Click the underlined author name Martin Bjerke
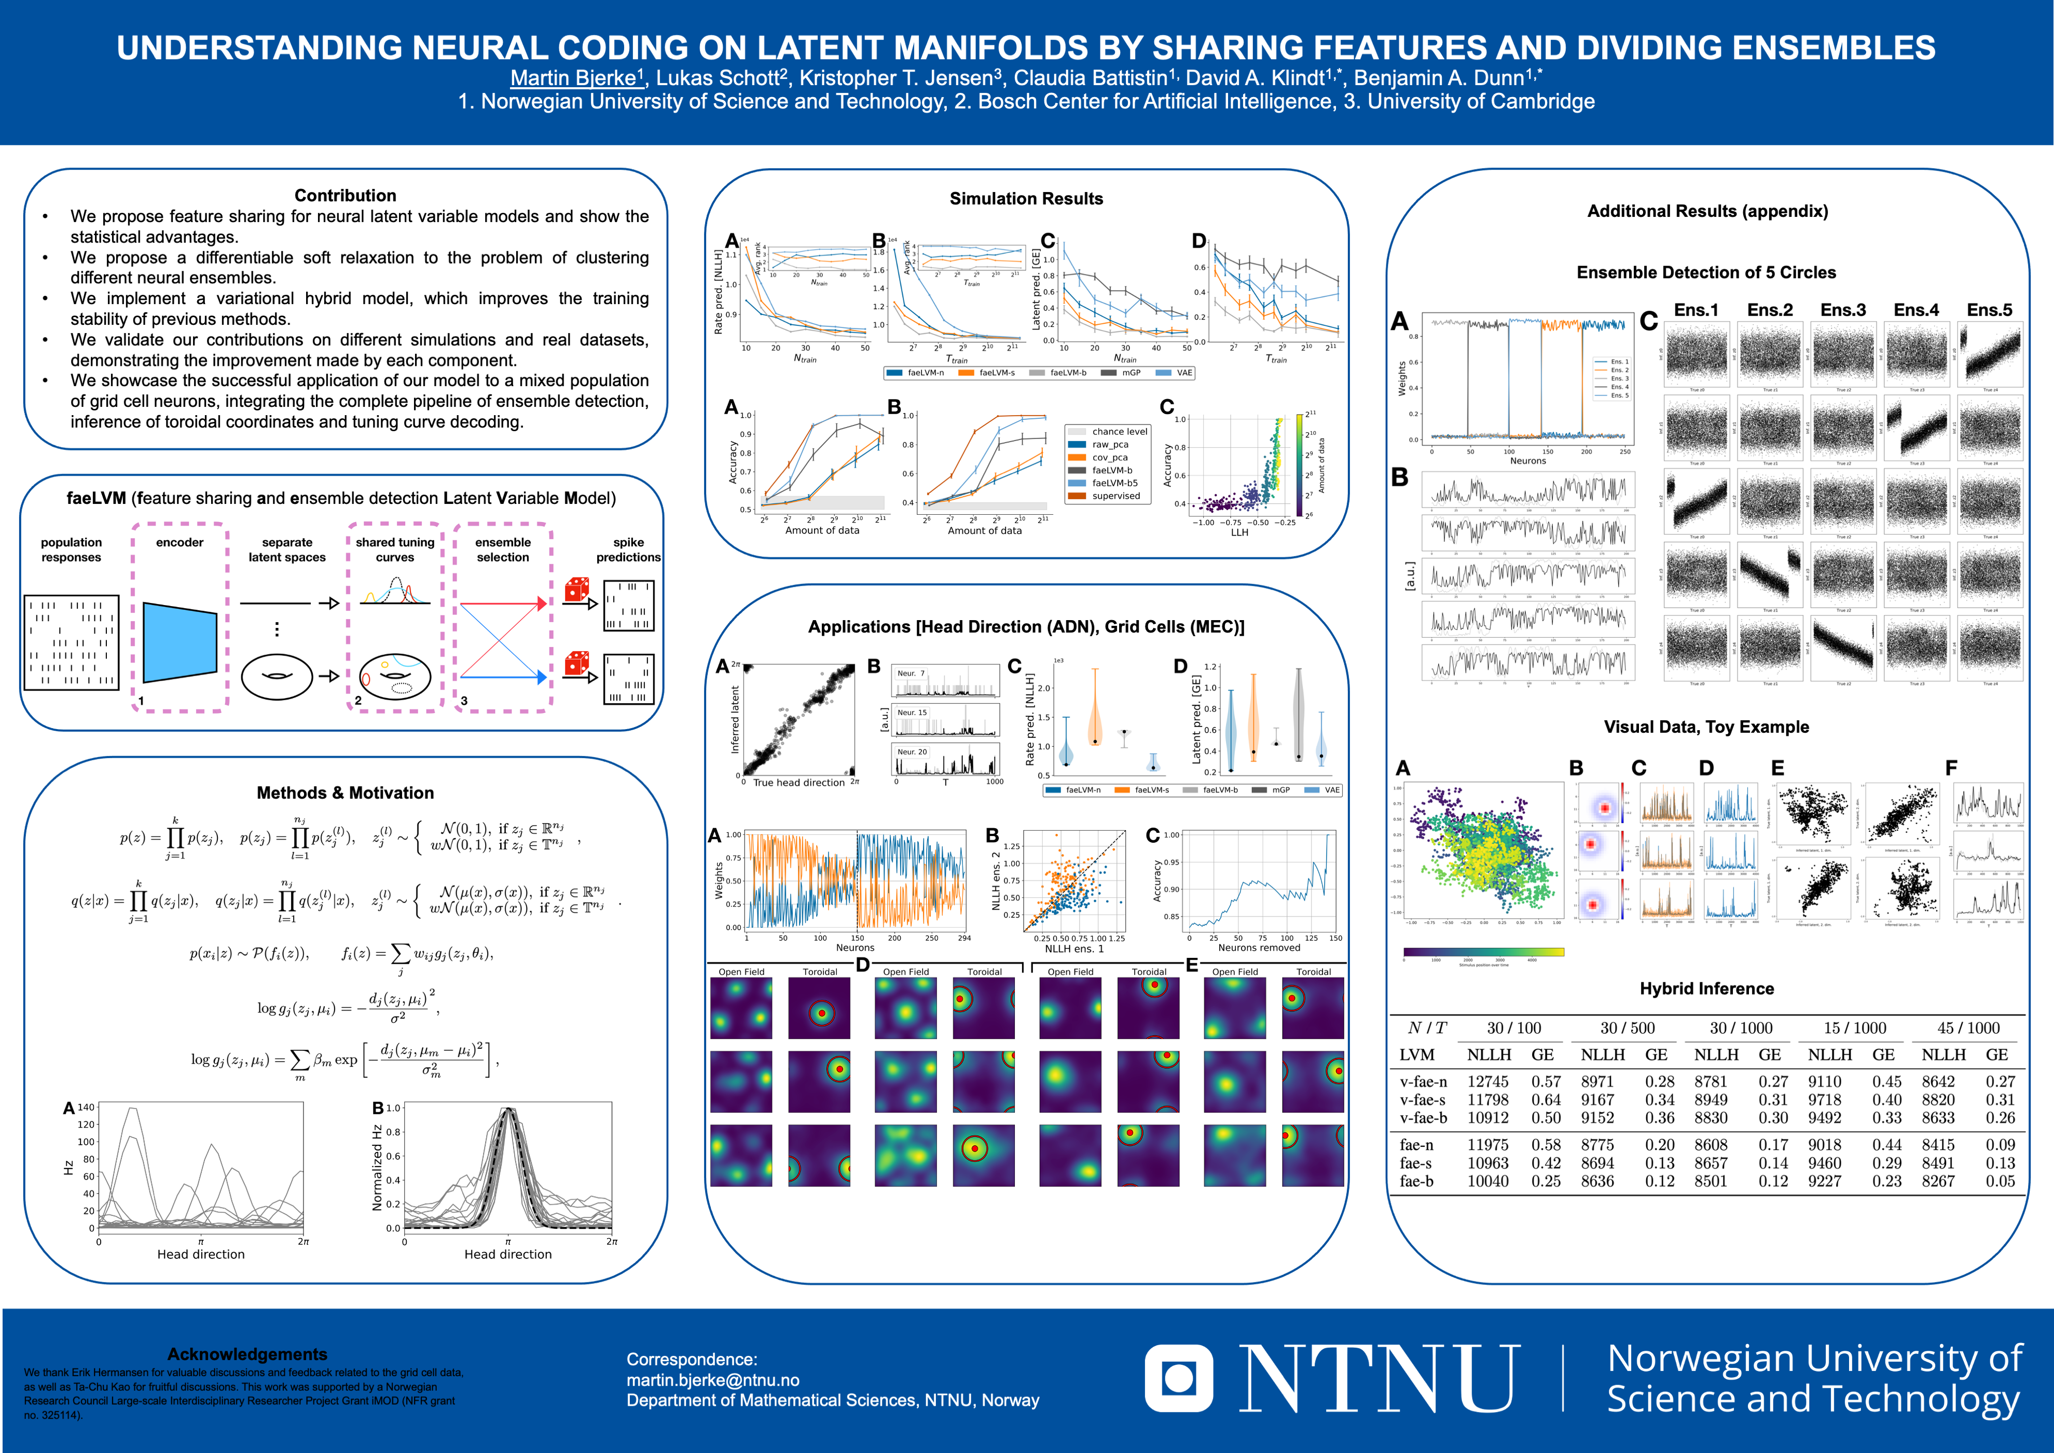[x=573, y=79]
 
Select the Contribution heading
[x=346, y=195]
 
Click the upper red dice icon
[x=577, y=590]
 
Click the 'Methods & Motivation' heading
[x=346, y=793]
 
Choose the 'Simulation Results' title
[x=1026, y=199]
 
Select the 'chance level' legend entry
[x=1118, y=431]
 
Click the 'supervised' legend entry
[x=1115, y=496]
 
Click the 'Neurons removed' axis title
[x=1259, y=948]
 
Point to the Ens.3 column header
[x=1843, y=310]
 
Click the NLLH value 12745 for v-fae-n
[x=1488, y=1081]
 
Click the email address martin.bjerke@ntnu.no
[x=713, y=1380]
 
